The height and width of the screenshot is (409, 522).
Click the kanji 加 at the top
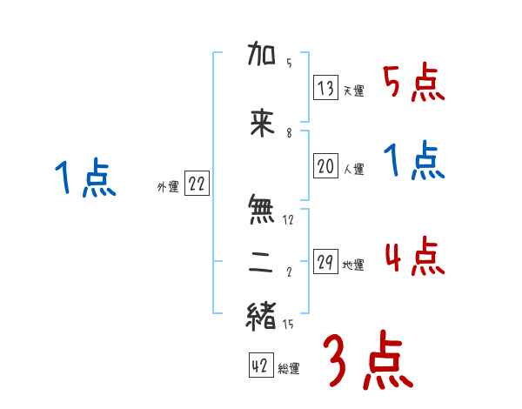261,57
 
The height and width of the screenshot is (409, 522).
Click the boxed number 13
326,88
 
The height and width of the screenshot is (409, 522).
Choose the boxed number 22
196,184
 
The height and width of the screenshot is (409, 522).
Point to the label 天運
353,91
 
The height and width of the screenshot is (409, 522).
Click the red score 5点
413,83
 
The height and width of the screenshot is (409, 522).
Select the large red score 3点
367,359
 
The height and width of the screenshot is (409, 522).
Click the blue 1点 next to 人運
413,162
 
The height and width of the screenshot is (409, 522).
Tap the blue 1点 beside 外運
84,179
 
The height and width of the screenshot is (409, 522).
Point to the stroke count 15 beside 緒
289,325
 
